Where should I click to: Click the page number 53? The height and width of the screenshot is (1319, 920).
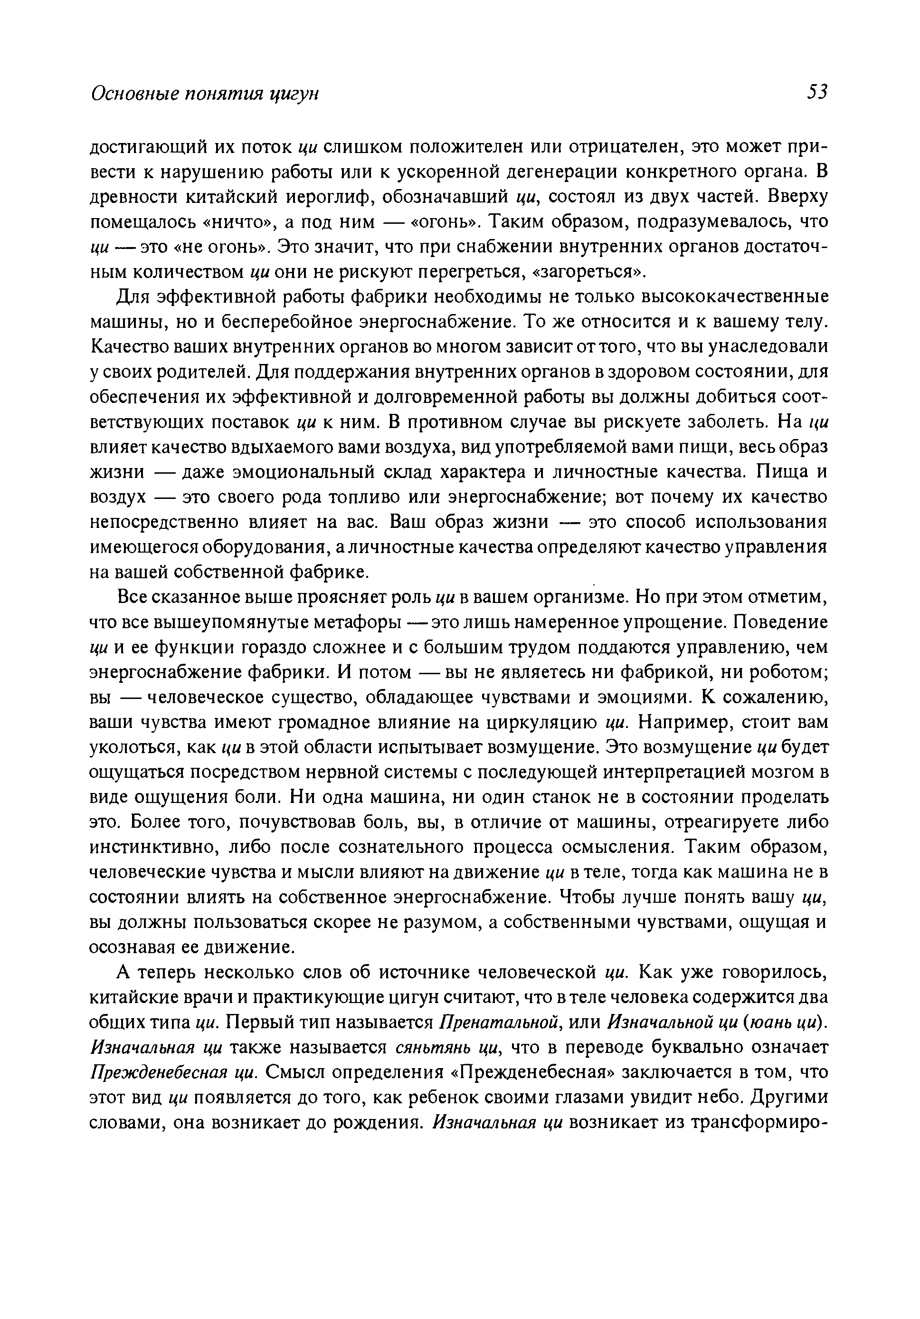816,92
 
